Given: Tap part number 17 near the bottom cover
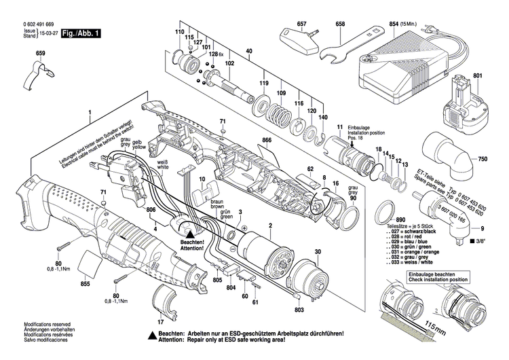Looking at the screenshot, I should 160,322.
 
